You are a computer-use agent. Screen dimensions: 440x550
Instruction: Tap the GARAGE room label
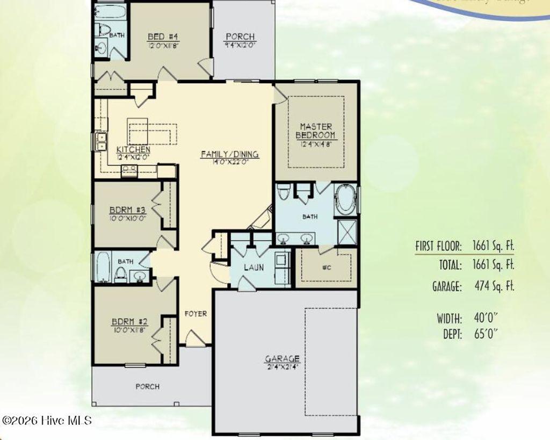tap(282, 358)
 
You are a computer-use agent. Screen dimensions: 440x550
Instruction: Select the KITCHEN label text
tap(133, 149)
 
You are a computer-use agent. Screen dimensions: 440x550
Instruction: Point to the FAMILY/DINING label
tap(229, 154)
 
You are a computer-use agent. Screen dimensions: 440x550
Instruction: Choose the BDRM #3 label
tap(121, 210)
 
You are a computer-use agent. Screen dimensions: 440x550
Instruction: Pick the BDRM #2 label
tap(129, 322)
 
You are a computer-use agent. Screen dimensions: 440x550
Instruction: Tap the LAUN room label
tap(253, 267)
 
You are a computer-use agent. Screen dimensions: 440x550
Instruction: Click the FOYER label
tap(196, 314)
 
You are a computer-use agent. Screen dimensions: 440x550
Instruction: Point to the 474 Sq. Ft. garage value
tap(493, 286)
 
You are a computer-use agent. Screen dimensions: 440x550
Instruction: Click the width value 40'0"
tap(484, 318)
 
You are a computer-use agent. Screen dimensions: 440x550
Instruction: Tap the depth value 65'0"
tap(484, 334)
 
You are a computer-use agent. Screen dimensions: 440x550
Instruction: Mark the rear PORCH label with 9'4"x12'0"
tap(240, 37)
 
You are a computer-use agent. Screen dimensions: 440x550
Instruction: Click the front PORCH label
tap(147, 386)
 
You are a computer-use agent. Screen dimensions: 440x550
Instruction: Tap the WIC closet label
tap(325, 267)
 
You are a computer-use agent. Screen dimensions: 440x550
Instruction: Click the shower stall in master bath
tap(345, 232)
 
